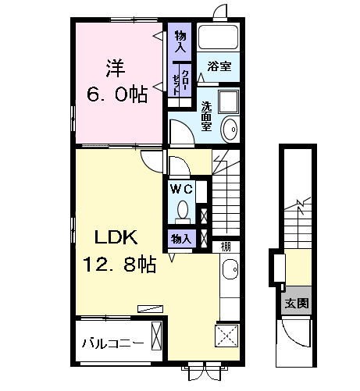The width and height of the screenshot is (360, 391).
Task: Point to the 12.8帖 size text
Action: [117, 265]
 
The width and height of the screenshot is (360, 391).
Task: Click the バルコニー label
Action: [113, 343]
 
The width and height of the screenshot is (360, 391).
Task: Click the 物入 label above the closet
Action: [180, 41]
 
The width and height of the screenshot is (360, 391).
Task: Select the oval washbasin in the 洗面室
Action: [229, 129]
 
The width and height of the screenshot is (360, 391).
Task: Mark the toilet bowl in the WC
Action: [184, 209]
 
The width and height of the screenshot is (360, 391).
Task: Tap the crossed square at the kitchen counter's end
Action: [228, 336]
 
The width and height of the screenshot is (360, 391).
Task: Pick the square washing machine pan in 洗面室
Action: [229, 102]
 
